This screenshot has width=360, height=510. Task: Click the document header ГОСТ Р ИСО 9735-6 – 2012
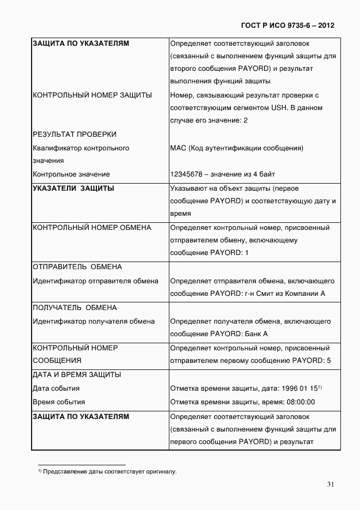pyautogui.click(x=287, y=25)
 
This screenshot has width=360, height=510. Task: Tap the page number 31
pyautogui.click(x=331, y=484)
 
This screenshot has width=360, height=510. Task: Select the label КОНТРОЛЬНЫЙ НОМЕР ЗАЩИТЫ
pyautogui.click(x=92, y=95)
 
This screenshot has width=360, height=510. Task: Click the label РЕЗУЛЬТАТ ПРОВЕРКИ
pyautogui.click(x=75, y=134)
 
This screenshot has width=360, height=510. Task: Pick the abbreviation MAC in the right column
pyautogui.click(x=178, y=148)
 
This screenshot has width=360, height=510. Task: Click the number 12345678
pyautogui.click(x=186, y=174)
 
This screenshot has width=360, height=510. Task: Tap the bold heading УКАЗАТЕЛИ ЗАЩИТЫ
pyautogui.click(x=74, y=188)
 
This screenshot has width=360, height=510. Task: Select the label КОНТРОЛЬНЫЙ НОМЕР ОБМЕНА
pyautogui.click(x=92, y=227)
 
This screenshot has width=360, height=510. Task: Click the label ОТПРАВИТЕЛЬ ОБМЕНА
pyautogui.click(x=77, y=267)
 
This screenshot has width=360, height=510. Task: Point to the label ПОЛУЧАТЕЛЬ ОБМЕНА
pyautogui.click(x=75, y=307)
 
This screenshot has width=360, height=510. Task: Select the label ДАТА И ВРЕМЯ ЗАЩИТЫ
pyautogui.click(x=77, y=374)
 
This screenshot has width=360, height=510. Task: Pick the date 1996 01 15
pyautogui.click(x=300, y=388)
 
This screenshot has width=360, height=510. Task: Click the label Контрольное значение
pyautogui.click(x=71, y=174)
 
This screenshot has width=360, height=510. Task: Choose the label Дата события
pyautogui.click(x=56, y=388)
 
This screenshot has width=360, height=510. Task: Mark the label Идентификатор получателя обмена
pyautogui.click(x=94, y=321)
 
